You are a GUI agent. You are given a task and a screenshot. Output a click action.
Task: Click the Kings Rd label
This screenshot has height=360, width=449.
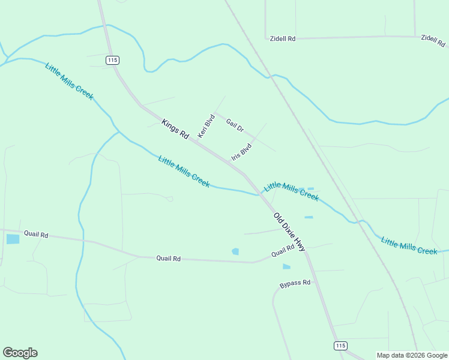pos(175,129)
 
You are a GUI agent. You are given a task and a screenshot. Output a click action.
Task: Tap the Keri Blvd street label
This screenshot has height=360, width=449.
pos(206,126)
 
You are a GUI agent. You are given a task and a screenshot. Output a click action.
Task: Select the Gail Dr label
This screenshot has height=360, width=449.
pos(235,125)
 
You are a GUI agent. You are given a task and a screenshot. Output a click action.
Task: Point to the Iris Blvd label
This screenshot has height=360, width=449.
pos(241,152)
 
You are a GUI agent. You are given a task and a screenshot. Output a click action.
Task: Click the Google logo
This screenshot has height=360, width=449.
pos(20,353)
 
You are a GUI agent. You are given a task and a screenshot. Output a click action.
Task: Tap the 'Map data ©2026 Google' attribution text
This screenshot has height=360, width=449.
pos(412,355)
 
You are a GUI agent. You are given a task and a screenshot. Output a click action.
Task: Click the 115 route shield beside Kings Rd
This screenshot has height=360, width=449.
pos(112,60)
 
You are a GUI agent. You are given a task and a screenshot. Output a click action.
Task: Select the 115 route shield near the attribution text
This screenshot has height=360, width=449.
pos(340,346)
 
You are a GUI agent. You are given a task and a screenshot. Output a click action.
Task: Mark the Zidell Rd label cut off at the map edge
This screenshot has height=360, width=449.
pos(433,40)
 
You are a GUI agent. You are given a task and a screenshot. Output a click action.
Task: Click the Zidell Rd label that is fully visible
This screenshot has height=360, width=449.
pos(282,38)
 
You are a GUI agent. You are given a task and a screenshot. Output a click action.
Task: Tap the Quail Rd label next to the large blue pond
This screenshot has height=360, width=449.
pos(36,234)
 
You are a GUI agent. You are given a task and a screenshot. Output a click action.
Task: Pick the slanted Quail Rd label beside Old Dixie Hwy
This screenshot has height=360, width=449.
pos(283,250)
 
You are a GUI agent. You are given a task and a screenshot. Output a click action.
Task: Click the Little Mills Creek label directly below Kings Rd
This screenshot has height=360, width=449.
pos(184,171)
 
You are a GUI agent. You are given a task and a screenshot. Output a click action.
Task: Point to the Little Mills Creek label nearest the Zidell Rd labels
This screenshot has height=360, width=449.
pos(291,191)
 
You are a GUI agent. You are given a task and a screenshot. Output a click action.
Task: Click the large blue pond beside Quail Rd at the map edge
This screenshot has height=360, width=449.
pos(13,239)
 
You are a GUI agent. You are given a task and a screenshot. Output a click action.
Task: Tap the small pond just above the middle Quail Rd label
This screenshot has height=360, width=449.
pos(235,251)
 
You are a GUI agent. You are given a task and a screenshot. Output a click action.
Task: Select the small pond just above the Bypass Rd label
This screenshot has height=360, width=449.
pos(286,266)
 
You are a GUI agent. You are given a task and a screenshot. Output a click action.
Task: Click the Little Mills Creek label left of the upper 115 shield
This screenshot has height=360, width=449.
pos(69,81)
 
